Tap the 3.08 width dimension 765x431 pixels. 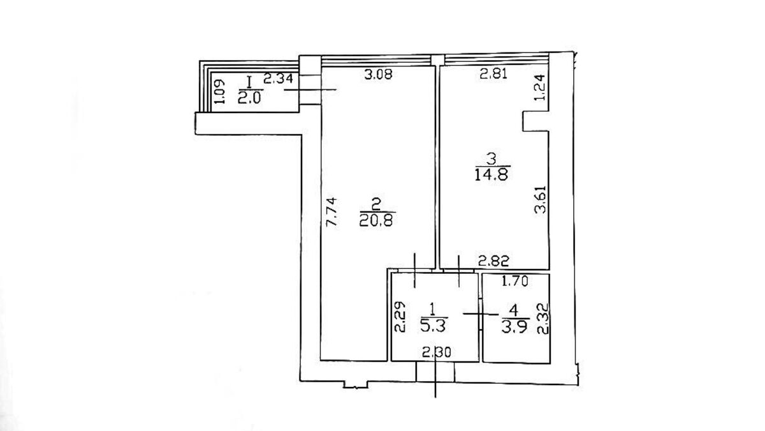[378, 74]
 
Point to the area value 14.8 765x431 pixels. [492, 174]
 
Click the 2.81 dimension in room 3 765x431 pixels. [493, 74]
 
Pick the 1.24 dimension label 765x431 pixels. [541, 87]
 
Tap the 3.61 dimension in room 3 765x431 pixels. [541, 199]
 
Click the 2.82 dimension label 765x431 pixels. [494, 261]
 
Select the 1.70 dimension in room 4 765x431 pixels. [515, 281]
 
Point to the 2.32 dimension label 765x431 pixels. [543, 319]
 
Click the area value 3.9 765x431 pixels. [515, 327]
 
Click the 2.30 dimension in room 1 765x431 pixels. [437, 352]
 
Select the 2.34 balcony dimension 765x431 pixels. [279, 79]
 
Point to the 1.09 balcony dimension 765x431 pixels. [219, 92]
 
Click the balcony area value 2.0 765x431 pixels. [249, 98]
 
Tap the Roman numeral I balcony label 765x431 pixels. [249, 82]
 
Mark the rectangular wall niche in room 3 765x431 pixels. [535, 121]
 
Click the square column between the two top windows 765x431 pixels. [438, 60]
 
